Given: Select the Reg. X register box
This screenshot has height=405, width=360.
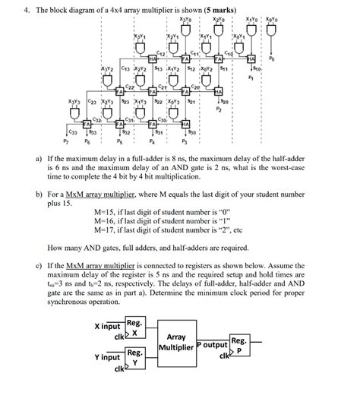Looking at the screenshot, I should (134, 327).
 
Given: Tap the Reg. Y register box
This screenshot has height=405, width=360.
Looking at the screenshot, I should (134, 357).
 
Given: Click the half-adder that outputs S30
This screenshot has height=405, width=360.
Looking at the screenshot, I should (186, 123).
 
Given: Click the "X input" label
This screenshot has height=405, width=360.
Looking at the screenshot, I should (107, 326).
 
